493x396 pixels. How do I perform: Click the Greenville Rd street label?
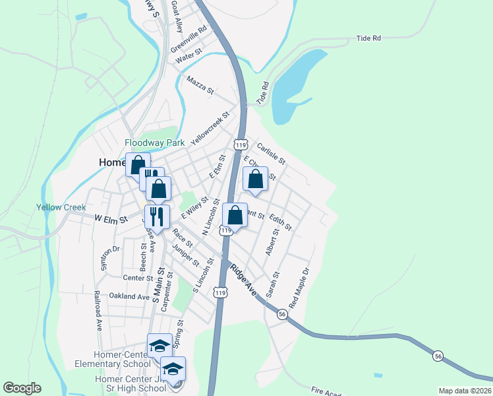click(x=189, y=39)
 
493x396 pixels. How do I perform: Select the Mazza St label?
click(x=200, y=86)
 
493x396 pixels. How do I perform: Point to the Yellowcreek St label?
click(x=210, y=128)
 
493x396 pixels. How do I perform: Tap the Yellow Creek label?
click(x=61, y=207)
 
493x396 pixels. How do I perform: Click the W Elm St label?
click(x=111, y=218)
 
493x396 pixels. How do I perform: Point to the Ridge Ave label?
click(x=242, y=278)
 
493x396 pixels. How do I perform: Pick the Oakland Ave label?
click(x=130, y=296)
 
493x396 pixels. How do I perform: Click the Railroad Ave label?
click(x=98, y=310)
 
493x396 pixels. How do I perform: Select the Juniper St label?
click(x=185, y=254)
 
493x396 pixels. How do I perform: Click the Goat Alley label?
click(x=177, y=16)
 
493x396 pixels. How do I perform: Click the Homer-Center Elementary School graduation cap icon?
click(x=159, y=345)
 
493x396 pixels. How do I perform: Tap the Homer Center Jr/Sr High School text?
click(x=130, y=383)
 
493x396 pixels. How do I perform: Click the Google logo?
click(x=22, y=388)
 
